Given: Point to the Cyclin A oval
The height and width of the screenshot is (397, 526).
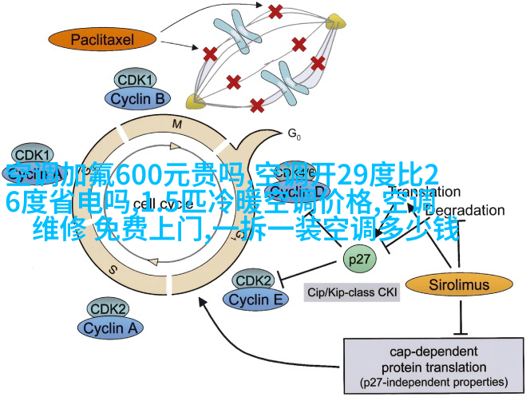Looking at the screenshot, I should [x=109, y=327].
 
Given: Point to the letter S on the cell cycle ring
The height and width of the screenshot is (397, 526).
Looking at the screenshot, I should [x=113, y=269].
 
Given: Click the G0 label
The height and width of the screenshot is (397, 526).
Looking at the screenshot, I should [x=293, y=133].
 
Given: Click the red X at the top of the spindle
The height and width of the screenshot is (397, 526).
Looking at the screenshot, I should [x=275, y=11].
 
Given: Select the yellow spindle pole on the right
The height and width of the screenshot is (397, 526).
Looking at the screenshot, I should [x=335, y=19].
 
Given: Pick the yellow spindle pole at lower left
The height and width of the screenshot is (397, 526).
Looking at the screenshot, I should [x=194, y=101].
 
